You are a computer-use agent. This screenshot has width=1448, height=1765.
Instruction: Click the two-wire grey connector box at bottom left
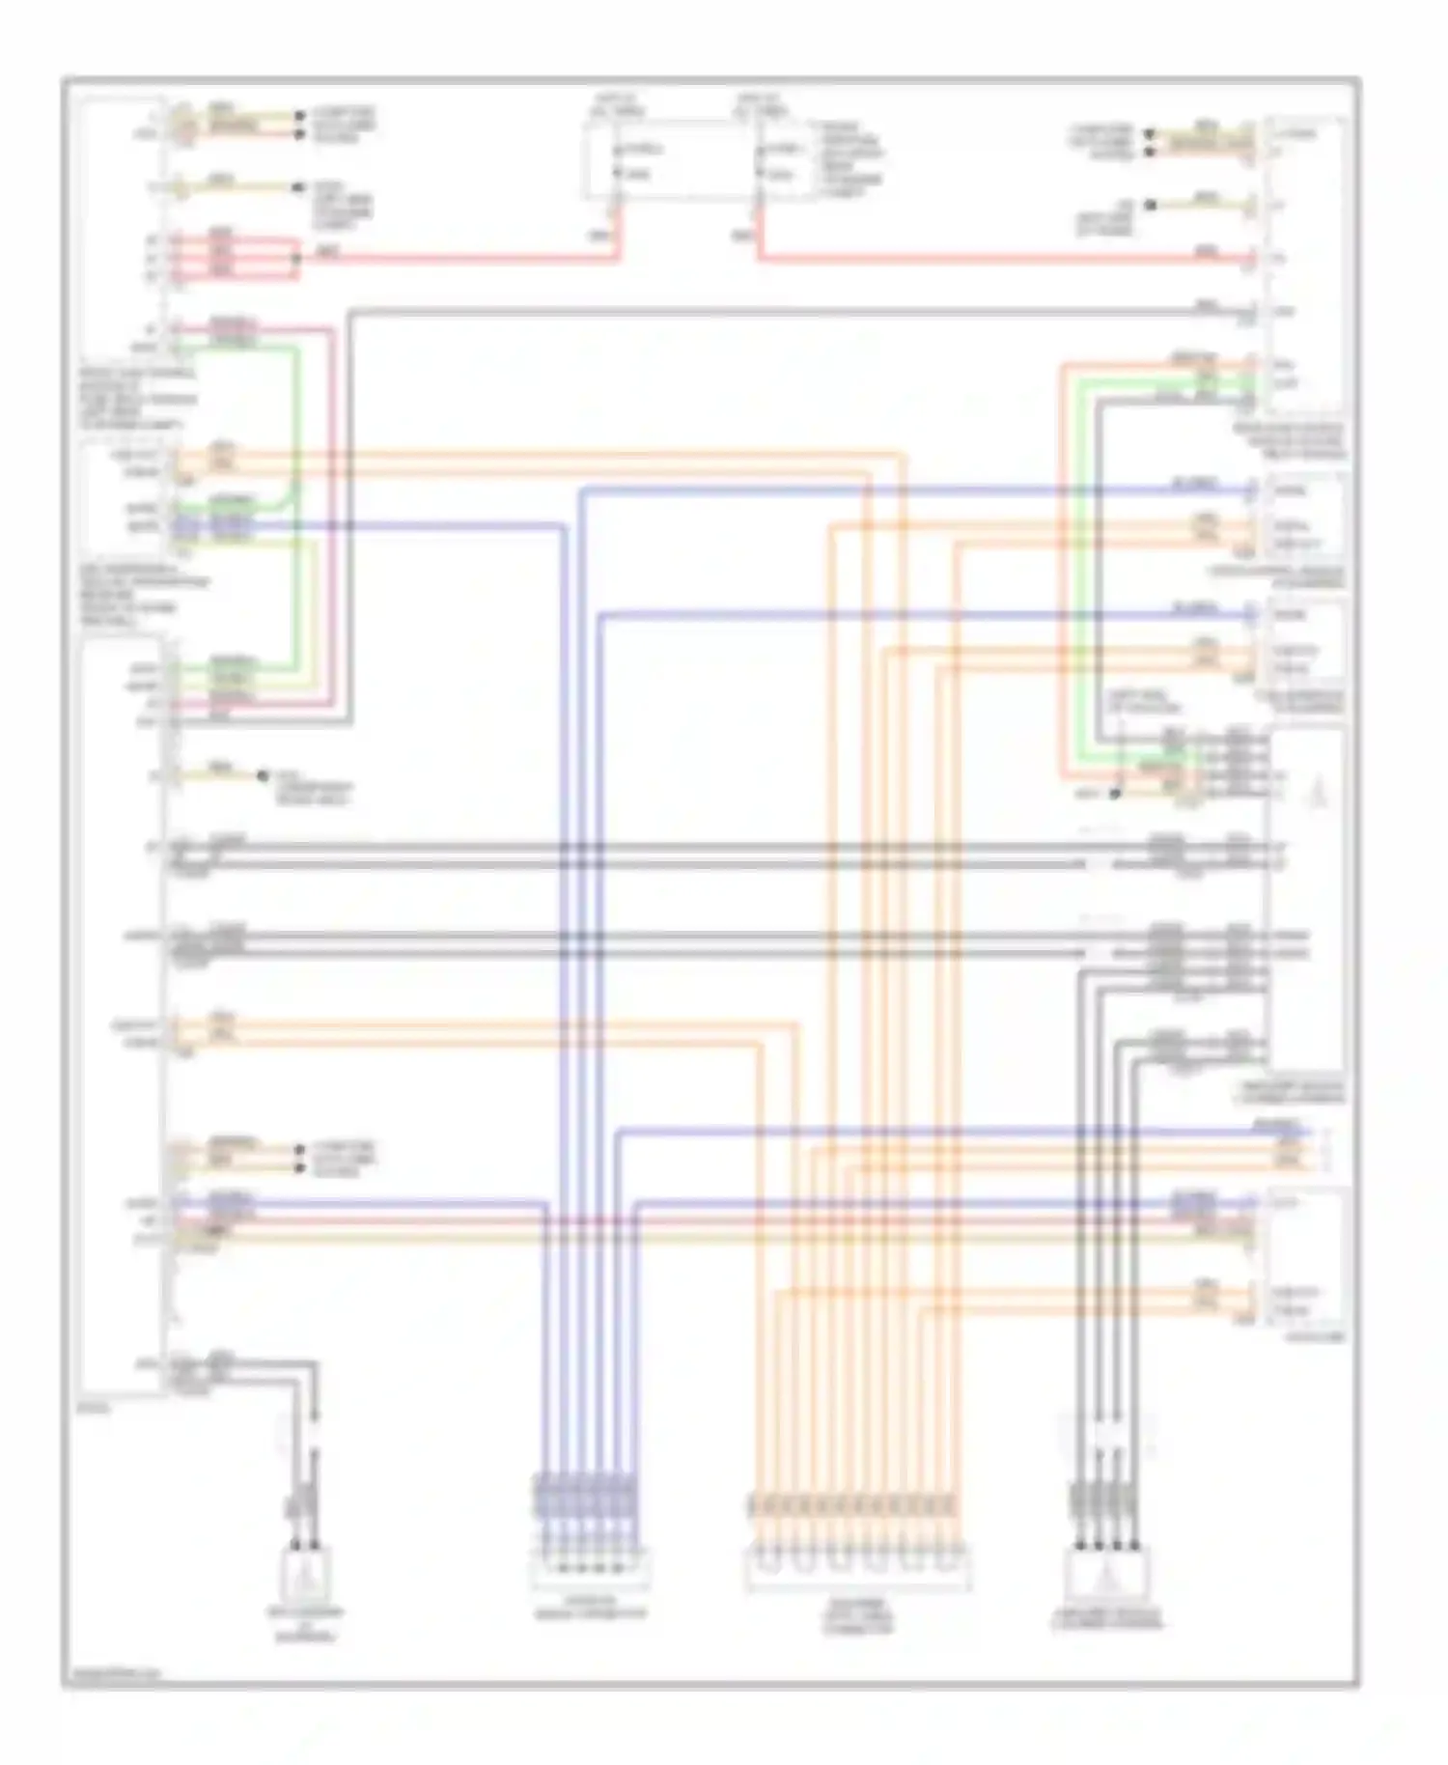pyautogui.click(x=306, y=1574)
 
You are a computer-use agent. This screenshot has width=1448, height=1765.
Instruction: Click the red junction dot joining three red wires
pyautogui.click(x=297, y=258)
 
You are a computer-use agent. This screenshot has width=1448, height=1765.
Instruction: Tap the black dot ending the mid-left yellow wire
pyautogui.click(x=261, y=775)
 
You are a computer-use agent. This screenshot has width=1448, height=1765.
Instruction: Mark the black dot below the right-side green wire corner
pyautogui.click(x=1114, y=794)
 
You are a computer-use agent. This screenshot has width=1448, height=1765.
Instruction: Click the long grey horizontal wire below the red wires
pyautogui.click(x=772, y=312)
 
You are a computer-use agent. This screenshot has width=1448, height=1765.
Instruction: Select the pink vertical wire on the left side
pyautogui.click(x=334, y=521)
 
